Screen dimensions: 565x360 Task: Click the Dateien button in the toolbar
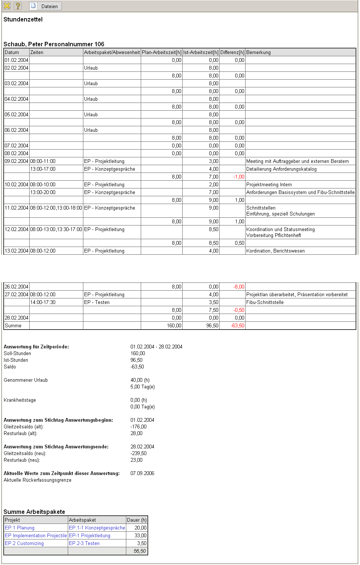point(46,6)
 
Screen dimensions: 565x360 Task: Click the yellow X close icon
point(7,6)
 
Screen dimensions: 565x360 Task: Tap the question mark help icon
point(17,6)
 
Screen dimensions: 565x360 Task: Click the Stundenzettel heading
point(23,20)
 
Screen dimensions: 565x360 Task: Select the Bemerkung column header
point(259,53)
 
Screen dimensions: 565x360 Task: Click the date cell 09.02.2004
point(17,161)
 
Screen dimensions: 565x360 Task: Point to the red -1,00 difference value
point(239,177)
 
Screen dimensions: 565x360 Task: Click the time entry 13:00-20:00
point(43,193)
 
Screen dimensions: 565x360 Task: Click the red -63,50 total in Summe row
point(237,326)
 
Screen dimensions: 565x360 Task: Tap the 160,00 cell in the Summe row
point(174,326)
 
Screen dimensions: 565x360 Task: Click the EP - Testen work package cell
point(97,302)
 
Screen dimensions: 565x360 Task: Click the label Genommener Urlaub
point(26,380)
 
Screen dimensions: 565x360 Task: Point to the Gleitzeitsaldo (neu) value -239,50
point(139,454)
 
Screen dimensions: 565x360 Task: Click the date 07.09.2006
point(142,474)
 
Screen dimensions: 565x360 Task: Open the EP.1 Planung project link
point(20,528)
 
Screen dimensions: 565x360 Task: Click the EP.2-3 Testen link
point(84,544)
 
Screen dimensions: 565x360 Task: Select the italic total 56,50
point(140,551)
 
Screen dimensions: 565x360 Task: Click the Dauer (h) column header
point(137,520)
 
